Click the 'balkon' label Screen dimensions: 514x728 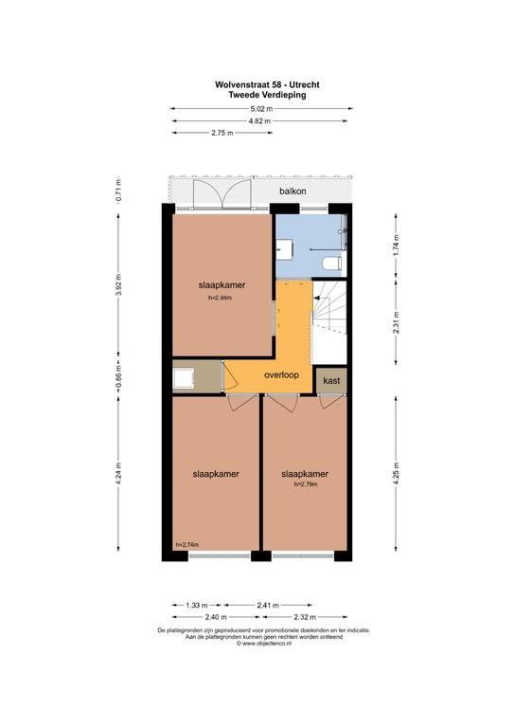(292, 191)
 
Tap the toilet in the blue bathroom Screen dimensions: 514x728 (332, 264)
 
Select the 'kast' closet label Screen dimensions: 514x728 (331, 380)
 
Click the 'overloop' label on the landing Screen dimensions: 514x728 (281, 374)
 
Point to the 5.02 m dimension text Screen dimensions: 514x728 (262, 109)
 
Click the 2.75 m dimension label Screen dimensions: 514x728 (222, 133)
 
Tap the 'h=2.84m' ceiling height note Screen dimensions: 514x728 (221, 298)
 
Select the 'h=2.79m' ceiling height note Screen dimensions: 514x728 (306, 484)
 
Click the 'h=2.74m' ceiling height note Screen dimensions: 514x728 (187, 545)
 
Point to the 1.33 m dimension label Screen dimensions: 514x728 (197, 605)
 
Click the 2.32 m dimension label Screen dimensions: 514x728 (305, 617)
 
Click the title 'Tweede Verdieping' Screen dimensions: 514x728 (267, 95)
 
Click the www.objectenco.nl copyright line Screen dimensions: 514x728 (264, 644)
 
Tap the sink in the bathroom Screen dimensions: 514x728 (284, 250)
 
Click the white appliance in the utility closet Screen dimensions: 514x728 (183, 377)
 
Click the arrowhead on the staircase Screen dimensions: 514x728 (316, 298)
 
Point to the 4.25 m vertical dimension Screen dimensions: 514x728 (396, 473)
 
